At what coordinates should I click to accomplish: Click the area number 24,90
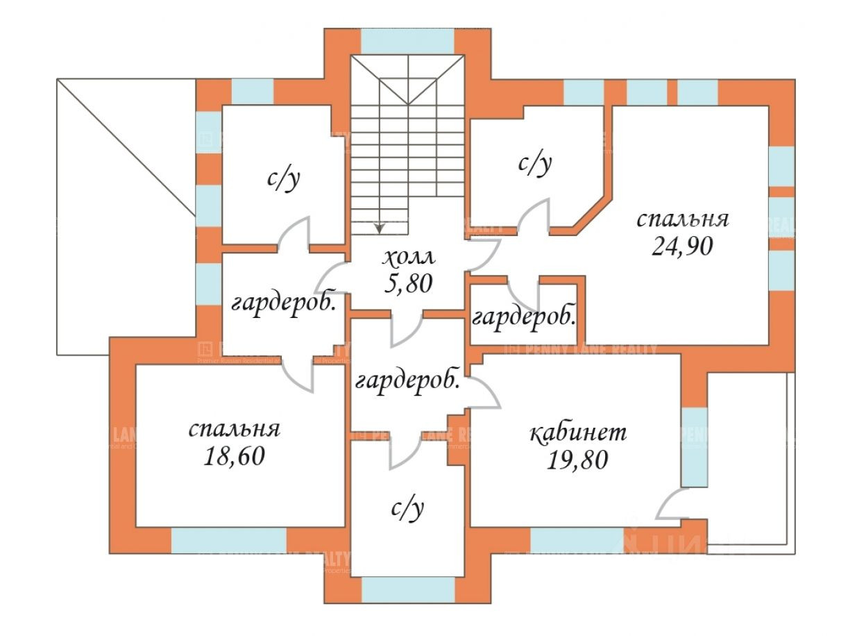pyautogui.click(x=682, y=246)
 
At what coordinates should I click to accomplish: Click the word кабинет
pyautogui.click(x=578, y=433)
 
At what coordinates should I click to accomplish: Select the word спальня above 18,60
pyautogui.click(x=235, y=429)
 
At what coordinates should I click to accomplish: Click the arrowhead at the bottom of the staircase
pyautogui.click(x=379, y=226)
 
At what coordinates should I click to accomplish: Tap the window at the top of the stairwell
pyautogui.click(x=407, y=41)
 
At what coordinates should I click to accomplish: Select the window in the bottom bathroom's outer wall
pyautogui.click(x=408, y=589)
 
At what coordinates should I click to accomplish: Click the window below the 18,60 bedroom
pyautogui.click(x=228, y=539)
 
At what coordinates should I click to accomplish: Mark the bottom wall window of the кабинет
pyautogui.click(x=576, y=539)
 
